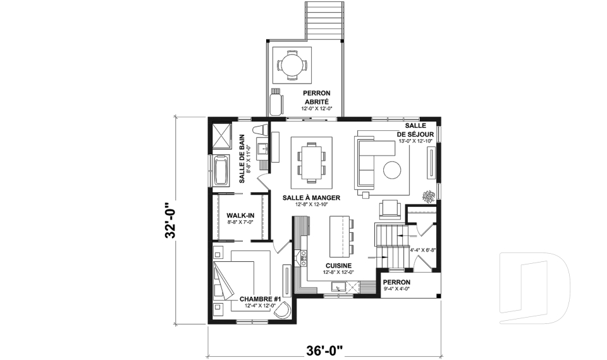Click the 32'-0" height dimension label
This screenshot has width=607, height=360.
[171, 220]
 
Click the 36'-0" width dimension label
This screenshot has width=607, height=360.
[325, 351]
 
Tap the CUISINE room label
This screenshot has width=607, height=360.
[338, 266]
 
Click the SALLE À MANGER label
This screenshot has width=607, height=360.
[311, 197]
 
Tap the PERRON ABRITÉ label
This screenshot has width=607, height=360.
[317, 97]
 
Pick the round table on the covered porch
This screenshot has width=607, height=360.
[292, 65]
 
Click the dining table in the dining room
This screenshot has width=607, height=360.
[312, 161]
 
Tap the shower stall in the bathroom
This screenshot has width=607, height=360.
[222, 135]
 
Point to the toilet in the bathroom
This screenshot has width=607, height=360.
[260, 130]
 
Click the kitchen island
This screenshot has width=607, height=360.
[340, 235]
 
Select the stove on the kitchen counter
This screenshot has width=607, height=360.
[304, 255]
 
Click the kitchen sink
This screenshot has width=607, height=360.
[338, 287]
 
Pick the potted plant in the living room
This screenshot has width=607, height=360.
[429, 196]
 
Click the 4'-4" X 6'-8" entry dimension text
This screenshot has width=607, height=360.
[423, 250]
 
